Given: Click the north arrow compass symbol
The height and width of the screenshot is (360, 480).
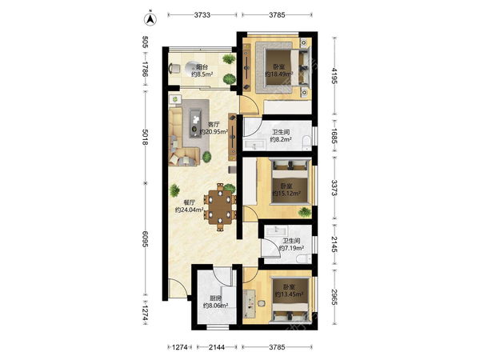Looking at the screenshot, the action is click(x=150, y=19).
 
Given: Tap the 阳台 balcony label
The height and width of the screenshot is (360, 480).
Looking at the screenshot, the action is click(x=202, y=66).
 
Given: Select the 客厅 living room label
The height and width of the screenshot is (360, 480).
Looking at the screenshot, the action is click(x=214, y=125).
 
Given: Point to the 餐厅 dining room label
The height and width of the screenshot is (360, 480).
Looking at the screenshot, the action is click(x=189, y=202).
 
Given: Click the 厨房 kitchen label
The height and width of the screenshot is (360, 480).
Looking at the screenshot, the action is click(x=215, y=298).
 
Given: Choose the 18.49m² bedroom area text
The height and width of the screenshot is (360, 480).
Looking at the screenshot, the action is click(x=279, y=74).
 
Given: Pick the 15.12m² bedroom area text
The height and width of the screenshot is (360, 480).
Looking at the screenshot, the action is click(x=286, y=194).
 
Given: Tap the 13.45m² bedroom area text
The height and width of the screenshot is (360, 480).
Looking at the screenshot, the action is click(x=289, y=294).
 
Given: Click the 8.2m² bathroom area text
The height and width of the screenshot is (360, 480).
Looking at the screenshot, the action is click(x=281, y=140).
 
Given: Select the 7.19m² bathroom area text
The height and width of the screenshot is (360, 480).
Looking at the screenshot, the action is click(x=291, y=248).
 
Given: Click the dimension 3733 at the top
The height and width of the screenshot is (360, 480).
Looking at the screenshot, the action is click(x=202, y=14).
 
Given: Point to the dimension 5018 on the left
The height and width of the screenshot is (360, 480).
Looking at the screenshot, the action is click(x=146, y=137).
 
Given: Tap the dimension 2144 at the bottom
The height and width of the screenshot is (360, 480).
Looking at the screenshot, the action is click(x=217, y=347).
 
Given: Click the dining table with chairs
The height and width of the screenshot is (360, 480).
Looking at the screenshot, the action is click(x=220, y=207).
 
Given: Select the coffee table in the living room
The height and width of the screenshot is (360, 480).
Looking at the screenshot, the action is click(x=195, y=124).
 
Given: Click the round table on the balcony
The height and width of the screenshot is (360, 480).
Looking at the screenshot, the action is click(x=192, y=68).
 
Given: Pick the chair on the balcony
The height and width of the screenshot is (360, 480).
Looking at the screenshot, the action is click(x=174, y=68).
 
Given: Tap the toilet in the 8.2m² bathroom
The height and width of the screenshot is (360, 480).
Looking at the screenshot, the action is click(x=306, y=142).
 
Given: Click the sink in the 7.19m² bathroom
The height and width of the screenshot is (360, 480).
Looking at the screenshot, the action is click(x=276, y=230).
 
